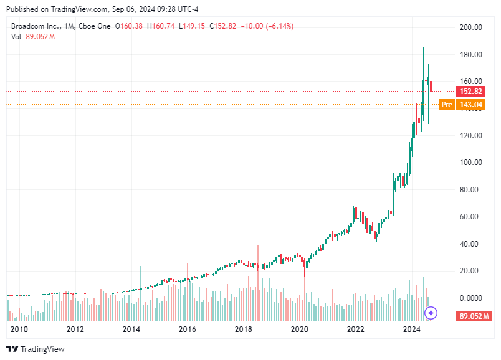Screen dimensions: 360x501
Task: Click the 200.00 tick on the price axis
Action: point(470,27)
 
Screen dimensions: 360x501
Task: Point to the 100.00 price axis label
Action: point(470,163)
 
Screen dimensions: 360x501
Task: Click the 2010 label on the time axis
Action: point(19,329)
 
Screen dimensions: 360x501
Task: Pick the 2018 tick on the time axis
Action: point(244,329)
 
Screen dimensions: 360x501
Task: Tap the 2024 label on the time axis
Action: point(411,329)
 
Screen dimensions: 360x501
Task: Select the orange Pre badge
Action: point(447,105)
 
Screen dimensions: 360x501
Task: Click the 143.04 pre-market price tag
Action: point(472,105)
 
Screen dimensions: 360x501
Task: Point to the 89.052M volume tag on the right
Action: point(472,316)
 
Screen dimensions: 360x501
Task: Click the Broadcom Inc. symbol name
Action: point(34,26)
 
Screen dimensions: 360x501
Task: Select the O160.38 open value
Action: point(129,26)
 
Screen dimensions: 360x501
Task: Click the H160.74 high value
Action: point(161,26)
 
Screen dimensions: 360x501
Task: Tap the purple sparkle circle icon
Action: point(431,313)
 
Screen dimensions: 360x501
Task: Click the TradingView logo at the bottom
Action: point(36,349)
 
